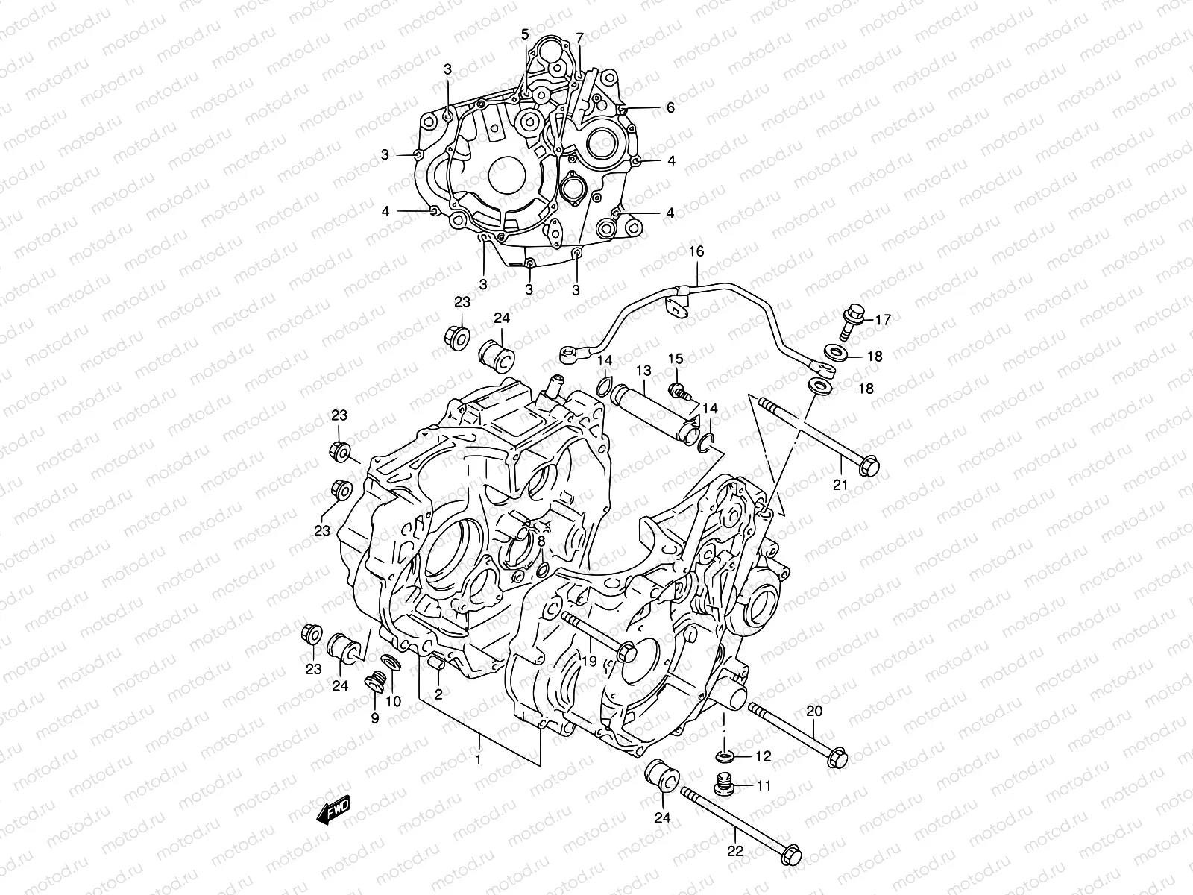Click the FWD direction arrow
tap(333, 811)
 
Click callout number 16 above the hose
tap(696, 251)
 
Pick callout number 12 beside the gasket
tap(763, 756)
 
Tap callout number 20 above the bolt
tap(814, 711)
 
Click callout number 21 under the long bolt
tap(840, 485)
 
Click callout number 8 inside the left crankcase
tap(541, 540)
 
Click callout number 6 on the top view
tap(670, 108)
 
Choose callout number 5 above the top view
tap(525, 34)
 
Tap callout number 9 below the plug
tap(374, 718)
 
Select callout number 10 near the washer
tap(393, 701)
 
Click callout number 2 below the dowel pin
tap(438, 694)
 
